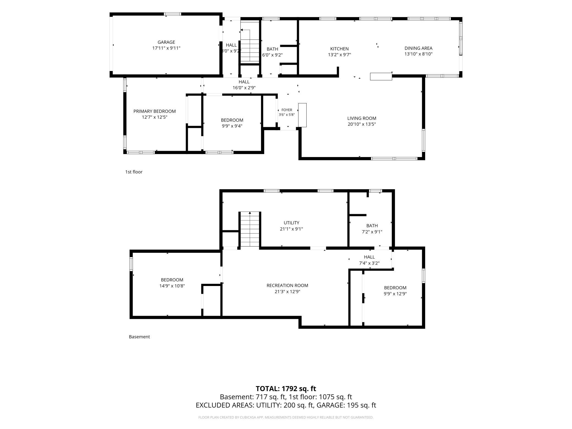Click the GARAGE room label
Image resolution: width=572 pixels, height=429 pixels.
coord(166,42)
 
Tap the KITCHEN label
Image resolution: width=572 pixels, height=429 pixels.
coord(339,49)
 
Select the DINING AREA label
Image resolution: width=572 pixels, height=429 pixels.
coord(418,48)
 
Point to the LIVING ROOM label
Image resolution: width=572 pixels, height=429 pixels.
coord(362,118)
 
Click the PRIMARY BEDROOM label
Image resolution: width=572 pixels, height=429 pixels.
coord(155,111)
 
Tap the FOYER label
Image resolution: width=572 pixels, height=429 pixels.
coord(287,110)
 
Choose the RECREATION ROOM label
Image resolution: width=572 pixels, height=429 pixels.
coord(287,285)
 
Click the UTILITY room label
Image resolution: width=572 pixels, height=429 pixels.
coord(291,223)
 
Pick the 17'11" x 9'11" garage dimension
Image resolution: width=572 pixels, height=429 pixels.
coord(166,48)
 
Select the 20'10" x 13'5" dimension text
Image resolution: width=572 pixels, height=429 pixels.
coord(362,124)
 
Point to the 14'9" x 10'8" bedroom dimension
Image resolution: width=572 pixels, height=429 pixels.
coord(172,286)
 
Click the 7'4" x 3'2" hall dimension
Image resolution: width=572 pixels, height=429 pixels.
coord(369,263)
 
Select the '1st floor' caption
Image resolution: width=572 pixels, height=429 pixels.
coord(134,172)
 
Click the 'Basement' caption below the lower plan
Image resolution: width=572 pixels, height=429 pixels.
coord(139,337)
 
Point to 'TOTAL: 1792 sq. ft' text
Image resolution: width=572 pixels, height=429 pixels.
coord(286,389)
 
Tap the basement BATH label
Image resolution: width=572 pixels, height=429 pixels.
coord(372,226)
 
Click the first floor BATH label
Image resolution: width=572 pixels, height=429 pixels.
coord(272,49)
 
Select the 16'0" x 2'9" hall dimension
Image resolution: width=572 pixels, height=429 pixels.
coord(244,88)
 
